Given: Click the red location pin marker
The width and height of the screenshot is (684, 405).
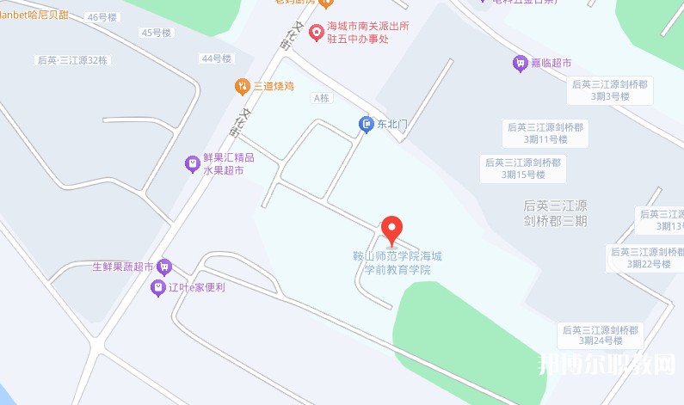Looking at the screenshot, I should point(391,229).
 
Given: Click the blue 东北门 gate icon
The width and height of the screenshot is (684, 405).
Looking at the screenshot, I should point(367,125).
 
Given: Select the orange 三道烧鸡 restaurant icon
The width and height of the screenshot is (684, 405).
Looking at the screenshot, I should point(243,86).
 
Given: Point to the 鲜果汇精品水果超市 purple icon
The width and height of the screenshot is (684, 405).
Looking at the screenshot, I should point(193,163).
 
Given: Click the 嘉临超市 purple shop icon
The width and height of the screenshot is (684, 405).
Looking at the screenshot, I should point(519,63).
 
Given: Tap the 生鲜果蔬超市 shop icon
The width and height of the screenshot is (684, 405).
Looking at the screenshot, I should point(163,267).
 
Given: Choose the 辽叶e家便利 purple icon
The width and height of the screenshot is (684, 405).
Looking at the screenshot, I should point(157,287).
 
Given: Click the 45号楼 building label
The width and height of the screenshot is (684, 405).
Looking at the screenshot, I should point(157,33).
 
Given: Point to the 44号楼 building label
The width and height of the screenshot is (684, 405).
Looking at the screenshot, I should point(216,58).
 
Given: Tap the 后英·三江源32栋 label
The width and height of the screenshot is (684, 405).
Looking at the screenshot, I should point(72,61).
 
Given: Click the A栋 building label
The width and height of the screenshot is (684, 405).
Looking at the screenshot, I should point(322,98).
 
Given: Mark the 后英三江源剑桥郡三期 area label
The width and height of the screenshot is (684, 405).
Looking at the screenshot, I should point(555,212).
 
